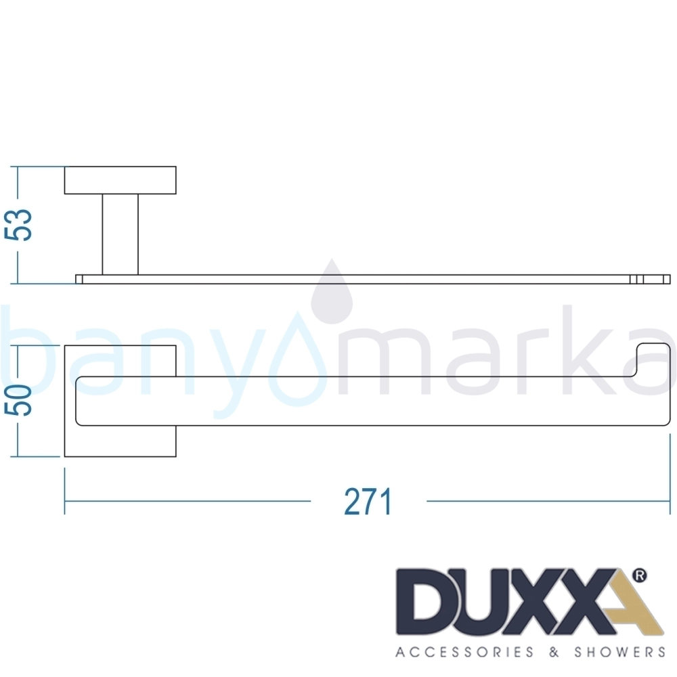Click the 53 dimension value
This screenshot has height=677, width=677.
[x=18, y=225]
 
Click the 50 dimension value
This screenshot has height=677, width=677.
[x=18, y=401]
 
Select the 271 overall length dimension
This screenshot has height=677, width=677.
[x=368, y=501]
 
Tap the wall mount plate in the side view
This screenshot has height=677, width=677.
[x=120, y=180]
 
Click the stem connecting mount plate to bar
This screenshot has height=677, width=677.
[x=120, y=234]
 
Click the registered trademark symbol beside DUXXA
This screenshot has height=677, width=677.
[x=639, y=575]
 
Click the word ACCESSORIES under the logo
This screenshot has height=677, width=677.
[x=464, y=651]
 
